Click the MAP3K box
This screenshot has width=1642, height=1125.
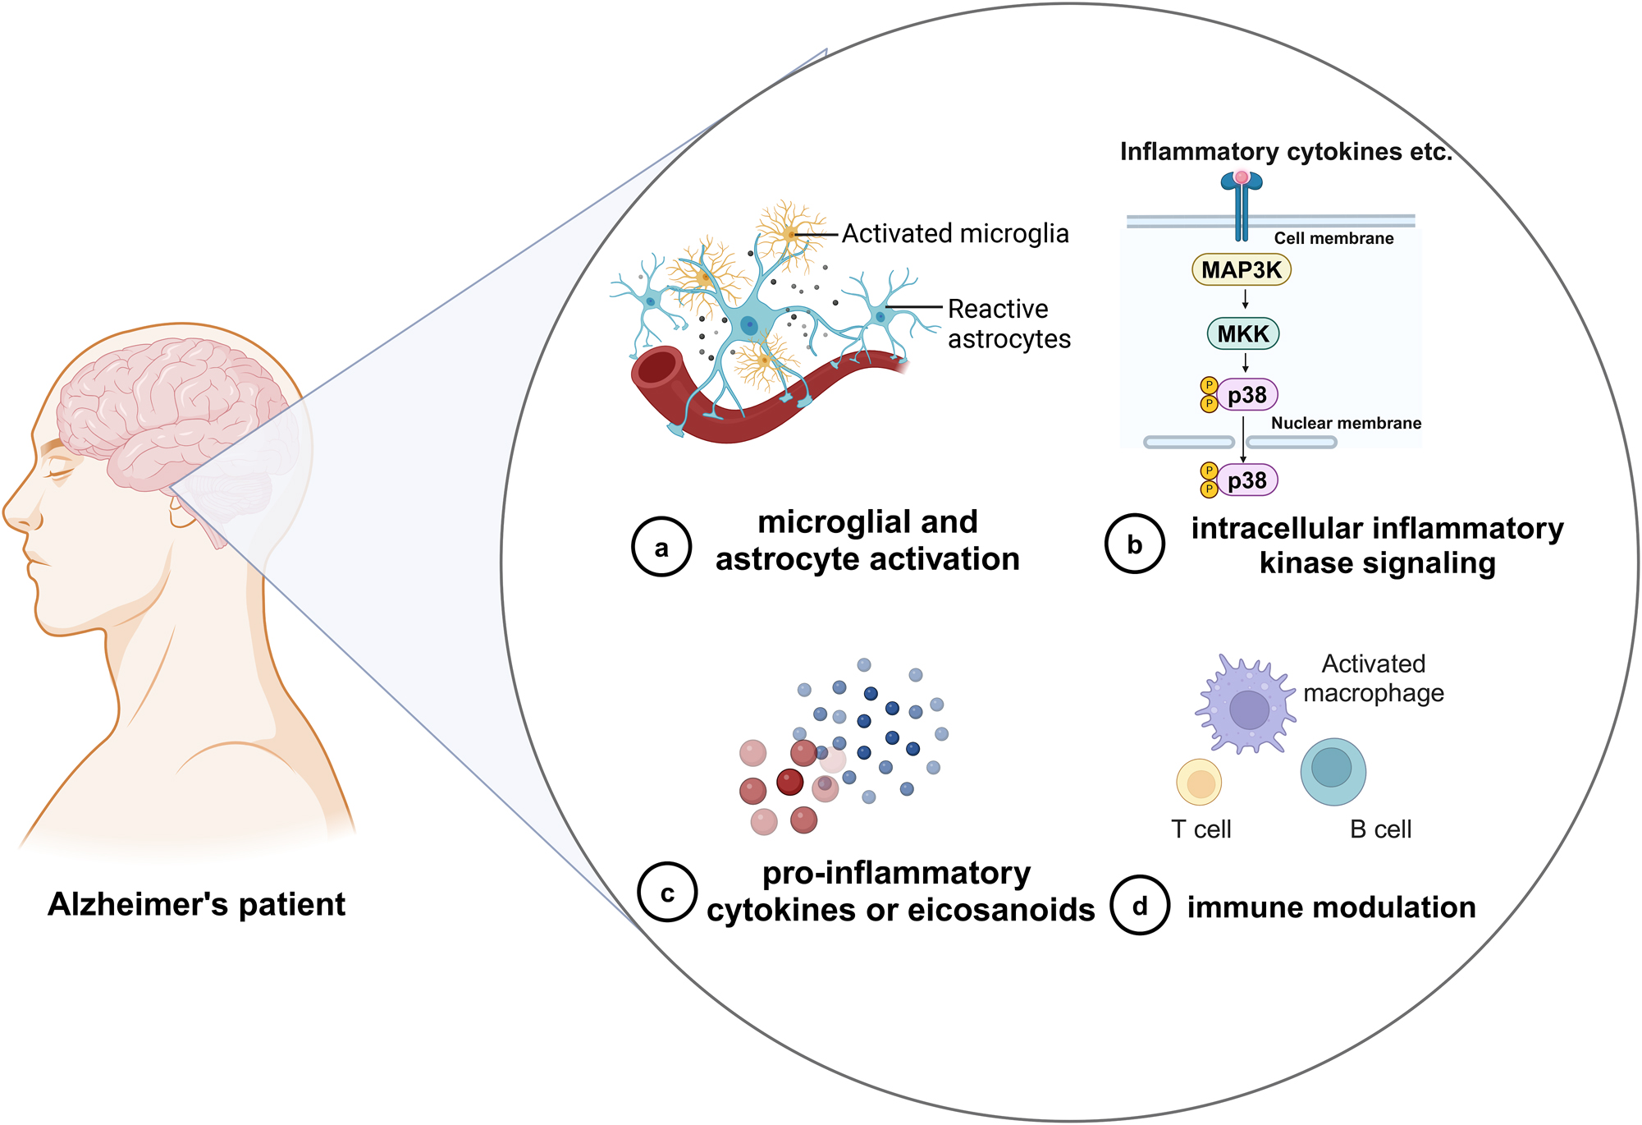(1241, 269)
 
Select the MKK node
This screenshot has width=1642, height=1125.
(1242, 333)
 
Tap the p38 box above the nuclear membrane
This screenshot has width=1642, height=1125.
(1246, 395)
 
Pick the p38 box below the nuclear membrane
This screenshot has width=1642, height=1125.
(1246, 480)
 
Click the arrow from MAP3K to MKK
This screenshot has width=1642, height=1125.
(1245, 300)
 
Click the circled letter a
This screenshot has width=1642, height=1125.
(661, 547)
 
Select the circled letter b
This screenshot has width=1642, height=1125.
(1134, 544)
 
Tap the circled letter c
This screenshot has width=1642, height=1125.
(667, 893)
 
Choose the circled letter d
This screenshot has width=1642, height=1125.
(1139, 906)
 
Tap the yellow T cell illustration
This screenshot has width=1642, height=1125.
(1199, 783)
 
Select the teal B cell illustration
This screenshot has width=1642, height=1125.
(1333, 771)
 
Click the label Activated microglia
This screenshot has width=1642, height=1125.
(955, 234)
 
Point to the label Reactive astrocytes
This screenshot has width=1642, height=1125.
(1009, 324)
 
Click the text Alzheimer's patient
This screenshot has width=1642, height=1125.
(196, 904)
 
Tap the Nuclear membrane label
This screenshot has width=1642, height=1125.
(1346, 423)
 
